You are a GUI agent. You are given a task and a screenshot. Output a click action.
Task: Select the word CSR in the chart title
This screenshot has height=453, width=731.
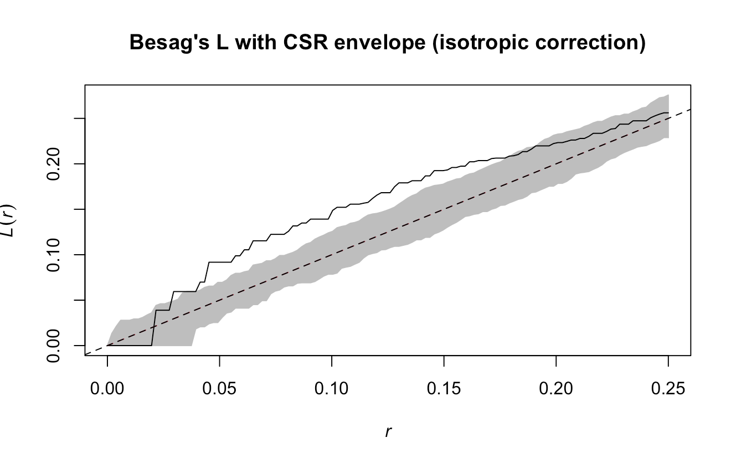coord(283,43)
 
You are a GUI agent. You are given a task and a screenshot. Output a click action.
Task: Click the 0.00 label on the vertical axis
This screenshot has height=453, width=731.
coord(54,345)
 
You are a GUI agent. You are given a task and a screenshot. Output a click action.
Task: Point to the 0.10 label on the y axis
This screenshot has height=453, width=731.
coord(54,255)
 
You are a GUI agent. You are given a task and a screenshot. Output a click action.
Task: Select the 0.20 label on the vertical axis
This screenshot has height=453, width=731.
coord(54,164)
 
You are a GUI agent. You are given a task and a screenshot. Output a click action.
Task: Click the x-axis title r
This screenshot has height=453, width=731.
coord(388,431)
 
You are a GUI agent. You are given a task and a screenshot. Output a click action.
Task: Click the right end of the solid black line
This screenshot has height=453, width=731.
coord(668,112)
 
